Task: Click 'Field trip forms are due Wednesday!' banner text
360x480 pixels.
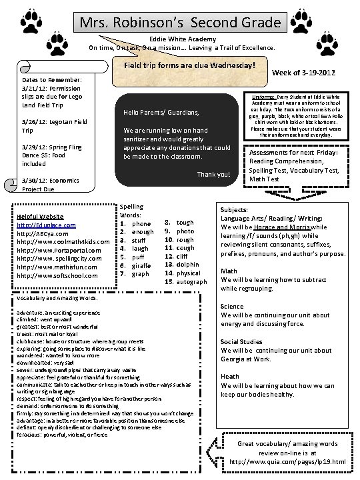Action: (189, 67)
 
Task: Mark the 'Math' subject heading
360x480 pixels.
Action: (229, 271)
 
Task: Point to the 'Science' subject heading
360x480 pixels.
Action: (233, 307)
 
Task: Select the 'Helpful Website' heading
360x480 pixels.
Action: (41, 217)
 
